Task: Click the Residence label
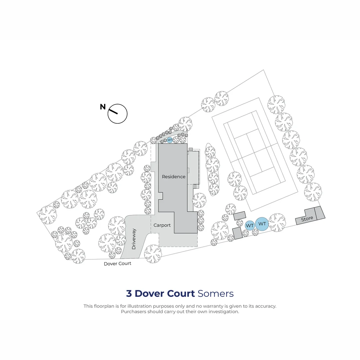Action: pos(174,177)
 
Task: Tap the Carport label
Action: pos(162,225)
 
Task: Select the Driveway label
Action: pos(134,239)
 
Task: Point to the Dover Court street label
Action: pos(117,264)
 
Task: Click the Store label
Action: pos(307,219)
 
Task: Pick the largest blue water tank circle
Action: pos(262,224)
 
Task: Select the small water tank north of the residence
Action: pos(170,140)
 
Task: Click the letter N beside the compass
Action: pos(103,107)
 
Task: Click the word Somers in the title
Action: pos(216,293)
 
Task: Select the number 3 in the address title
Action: pos(129,293)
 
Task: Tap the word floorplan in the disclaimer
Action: pos(104,306)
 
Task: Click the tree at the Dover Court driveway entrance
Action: pos(153,254)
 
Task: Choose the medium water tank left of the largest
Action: pos(250,226)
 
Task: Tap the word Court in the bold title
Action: pos(181,293)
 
